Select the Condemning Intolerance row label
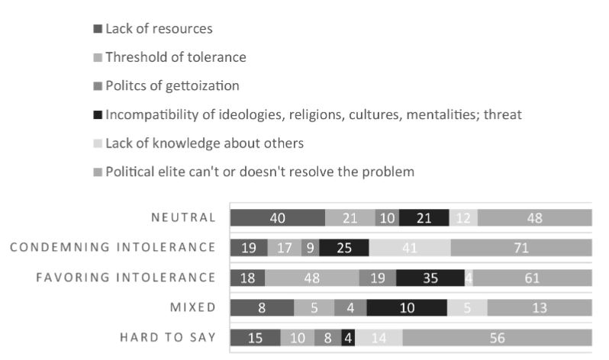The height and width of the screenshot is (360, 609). click(x=113, y=247)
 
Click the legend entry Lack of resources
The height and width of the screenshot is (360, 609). click(x=158, y=29)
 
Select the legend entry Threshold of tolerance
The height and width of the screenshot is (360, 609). click(x=175, y=57)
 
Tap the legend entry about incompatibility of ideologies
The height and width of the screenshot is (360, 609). click(x=313, y=114)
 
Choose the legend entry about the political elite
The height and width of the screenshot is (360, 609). click(x=259, y=172)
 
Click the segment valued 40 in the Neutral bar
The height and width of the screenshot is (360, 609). click(x=277, y=218)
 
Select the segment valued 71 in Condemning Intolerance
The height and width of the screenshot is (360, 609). click(x=521, y=248)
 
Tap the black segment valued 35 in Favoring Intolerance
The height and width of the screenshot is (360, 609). click(x=430, y=278)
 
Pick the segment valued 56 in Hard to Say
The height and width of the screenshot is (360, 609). click(x=498, y=337)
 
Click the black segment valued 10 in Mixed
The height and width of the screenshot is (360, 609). click(x=406, y=307)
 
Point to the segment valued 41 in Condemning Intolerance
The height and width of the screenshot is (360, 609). click(x=409, y=248)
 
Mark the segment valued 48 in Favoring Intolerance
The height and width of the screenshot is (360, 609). click(x=311, y=278)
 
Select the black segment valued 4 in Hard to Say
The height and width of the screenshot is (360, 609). click(x=349, y=337)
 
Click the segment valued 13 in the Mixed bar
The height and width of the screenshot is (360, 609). click(x=540, y=307)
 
